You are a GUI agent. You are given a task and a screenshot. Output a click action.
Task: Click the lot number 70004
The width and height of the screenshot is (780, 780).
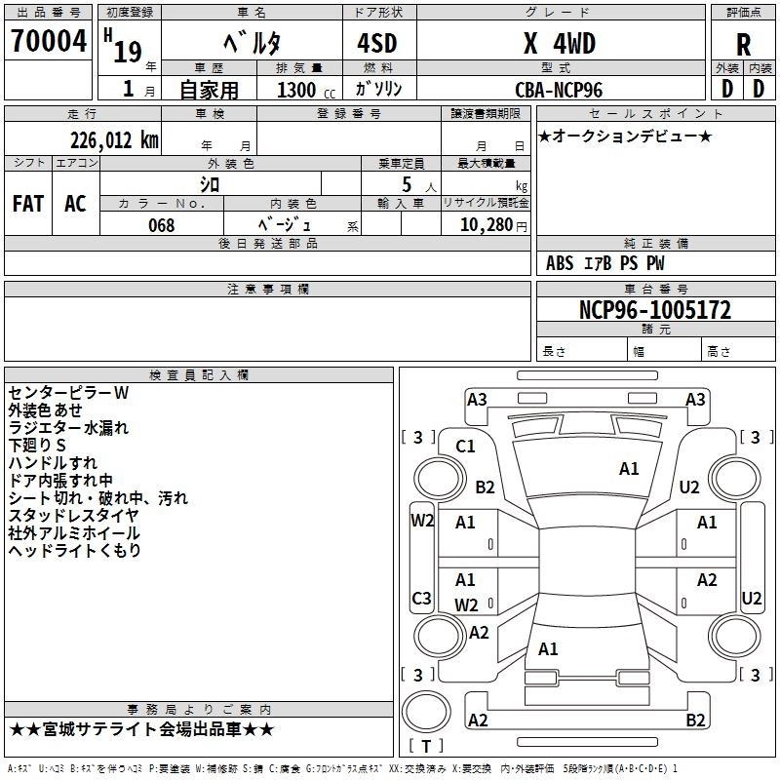(x=49, y=40)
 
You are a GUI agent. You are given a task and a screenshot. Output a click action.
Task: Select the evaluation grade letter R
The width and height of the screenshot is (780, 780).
(x=743, y=45)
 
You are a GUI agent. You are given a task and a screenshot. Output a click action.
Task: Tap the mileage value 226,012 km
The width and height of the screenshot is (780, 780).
(x=114, y=140)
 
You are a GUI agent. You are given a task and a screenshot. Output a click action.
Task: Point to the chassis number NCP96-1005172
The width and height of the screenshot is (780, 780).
(x=655, y=310)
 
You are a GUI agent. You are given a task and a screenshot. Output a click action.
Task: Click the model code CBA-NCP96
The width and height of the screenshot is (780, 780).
(x=559, y=90)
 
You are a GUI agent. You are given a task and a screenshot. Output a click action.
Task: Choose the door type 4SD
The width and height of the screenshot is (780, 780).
(x=377, y=43)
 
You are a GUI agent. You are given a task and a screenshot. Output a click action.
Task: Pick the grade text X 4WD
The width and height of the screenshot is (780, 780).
(x=560, y=43)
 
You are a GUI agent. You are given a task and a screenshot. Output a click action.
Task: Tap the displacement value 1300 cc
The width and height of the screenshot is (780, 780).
(x=306, y=90)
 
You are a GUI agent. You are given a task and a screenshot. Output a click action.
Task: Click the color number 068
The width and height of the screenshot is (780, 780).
(x=162, y=225)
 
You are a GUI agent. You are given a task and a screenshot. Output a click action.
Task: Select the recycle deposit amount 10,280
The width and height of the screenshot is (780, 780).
(x=487, y=225)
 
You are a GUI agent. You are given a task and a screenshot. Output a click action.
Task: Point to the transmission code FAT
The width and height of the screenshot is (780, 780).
(x=28, y=204)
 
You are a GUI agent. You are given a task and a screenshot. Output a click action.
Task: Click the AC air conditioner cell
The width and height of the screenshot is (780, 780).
(x=75, y=204)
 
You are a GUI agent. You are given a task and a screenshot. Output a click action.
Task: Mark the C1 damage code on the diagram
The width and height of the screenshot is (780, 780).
(x=465, y=447)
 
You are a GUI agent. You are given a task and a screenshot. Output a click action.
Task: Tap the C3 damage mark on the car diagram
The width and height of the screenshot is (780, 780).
(x=421, y=598)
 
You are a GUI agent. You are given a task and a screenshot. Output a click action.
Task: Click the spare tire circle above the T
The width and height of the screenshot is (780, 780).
(x=426, y=712)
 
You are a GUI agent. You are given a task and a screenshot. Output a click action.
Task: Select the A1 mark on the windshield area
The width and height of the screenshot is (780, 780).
(x=629, y=469)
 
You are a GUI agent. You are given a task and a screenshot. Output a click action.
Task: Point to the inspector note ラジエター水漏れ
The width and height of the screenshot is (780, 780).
(x=68, y=428)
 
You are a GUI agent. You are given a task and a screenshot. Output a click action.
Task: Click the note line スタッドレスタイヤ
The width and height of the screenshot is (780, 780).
(x=74, y=516)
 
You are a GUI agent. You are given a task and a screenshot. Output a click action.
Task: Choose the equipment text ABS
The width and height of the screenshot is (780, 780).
(x=560, y=263)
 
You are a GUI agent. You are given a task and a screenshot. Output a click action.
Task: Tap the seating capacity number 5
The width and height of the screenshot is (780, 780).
(x=407, y=184)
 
